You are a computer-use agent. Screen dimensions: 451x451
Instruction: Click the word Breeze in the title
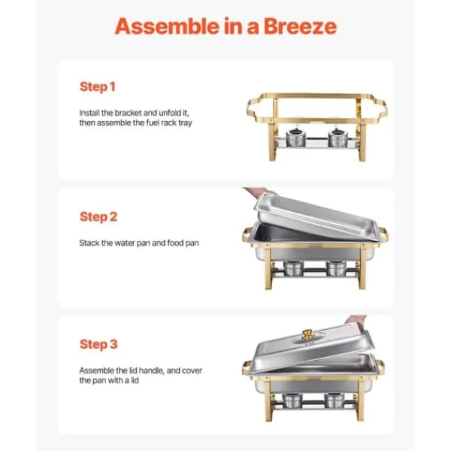pos(300,26)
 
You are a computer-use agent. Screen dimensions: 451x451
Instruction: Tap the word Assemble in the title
pos(167,26)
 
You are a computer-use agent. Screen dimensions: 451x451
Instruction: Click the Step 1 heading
pos(98,87)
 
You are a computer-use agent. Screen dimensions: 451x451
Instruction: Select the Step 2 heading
pos(98,217)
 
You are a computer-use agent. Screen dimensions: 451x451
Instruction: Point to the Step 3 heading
pos(98,344)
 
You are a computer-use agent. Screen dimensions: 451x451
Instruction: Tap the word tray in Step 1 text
pos(185,123)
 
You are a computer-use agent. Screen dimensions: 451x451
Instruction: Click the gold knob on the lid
pos(307,334)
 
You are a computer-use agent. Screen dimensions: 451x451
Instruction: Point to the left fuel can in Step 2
pos(293,268)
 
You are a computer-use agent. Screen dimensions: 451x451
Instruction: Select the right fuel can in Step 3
pos(334,401)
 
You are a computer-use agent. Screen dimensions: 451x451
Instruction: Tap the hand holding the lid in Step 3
pos(356,320)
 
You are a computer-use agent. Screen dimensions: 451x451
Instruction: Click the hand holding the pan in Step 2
pos(259,192)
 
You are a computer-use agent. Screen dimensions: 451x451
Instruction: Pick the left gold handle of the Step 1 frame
pos(253,109)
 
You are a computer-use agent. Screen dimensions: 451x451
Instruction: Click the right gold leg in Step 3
pos(360,401)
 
